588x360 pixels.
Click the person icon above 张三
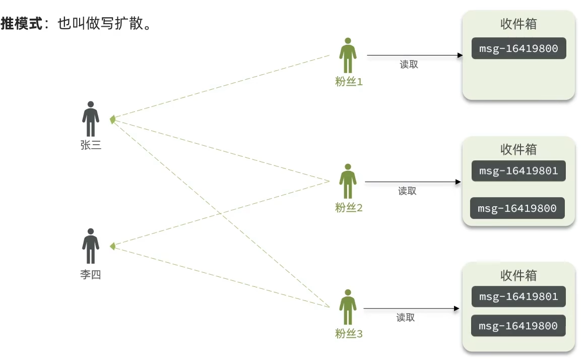(x=91, y=119)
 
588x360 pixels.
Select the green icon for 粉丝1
(x=348, y=55)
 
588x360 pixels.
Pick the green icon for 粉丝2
(x=348, y=181)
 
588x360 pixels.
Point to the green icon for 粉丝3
(x=348, y=307)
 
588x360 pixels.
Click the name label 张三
(x=91, y=145)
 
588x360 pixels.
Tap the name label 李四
(x=91, y=275)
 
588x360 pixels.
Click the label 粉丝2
(x=349, y=207)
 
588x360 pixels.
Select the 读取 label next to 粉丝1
(x=409, y=65)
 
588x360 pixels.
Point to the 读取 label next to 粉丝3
(x=406, y=318)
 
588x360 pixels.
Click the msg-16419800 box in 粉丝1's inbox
(x=518, y=49)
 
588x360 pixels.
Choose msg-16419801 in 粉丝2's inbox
(x=518, y=171)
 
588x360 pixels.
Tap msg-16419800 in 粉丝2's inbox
(x=517, y=208)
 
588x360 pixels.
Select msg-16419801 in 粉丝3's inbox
(x=518, y=296)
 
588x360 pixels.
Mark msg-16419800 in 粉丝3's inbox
(x=518, y=326)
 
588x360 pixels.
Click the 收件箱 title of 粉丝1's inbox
(x=518, y=24)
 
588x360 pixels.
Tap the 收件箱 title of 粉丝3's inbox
(x=518, y=275)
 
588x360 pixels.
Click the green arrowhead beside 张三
(x=113, y=119)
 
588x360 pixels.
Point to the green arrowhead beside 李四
(x=113, y=247)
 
